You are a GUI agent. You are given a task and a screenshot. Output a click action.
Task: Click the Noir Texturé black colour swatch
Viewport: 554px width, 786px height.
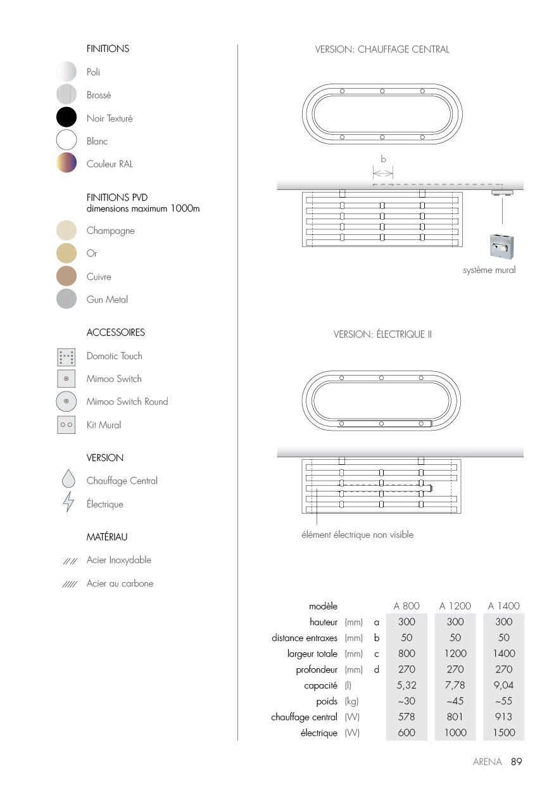click(66, 118)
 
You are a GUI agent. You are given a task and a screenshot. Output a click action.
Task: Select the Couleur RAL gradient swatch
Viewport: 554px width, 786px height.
click(66, 163)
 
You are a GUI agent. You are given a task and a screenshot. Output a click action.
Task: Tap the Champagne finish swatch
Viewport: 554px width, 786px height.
click(66, 231)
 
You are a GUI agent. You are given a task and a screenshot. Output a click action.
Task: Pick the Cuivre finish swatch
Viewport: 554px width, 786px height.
click(66, 276)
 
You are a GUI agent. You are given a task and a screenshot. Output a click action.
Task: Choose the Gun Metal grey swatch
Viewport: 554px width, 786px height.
click(66, 299)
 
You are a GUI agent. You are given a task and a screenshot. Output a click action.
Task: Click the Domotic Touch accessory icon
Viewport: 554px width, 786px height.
click(66, 356)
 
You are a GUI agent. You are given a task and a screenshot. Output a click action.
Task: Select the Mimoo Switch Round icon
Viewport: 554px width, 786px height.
click(66, 402)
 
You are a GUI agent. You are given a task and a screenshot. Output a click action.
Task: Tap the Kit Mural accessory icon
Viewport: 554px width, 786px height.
click(66, 424)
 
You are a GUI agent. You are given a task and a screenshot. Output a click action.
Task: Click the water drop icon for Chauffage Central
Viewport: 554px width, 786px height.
click(68, 479)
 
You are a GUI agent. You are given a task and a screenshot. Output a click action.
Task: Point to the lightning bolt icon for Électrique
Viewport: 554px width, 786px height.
click(68, 503)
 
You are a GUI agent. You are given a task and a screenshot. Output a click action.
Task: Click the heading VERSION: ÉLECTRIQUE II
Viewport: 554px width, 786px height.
click(382, 334)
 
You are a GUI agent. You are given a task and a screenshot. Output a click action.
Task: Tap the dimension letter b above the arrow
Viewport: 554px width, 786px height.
click(383, 159)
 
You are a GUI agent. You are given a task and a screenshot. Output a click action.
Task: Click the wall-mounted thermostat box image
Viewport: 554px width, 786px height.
click(502, 247)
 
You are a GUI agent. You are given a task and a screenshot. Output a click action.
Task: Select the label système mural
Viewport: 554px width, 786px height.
click(489, 270)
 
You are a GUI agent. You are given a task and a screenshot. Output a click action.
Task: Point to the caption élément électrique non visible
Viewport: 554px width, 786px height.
click(357, 535)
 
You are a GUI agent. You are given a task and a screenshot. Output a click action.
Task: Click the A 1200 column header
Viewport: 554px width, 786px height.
click(455, 606)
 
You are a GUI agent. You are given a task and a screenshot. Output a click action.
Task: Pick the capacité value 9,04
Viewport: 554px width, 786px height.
click(503, 685)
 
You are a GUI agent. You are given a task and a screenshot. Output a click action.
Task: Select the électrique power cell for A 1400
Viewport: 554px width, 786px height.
click(503, 733)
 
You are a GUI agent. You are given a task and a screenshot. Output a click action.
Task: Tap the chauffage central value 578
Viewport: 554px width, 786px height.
click(406, 717)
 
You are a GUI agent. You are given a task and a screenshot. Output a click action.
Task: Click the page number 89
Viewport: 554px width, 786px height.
click(516, 762)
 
